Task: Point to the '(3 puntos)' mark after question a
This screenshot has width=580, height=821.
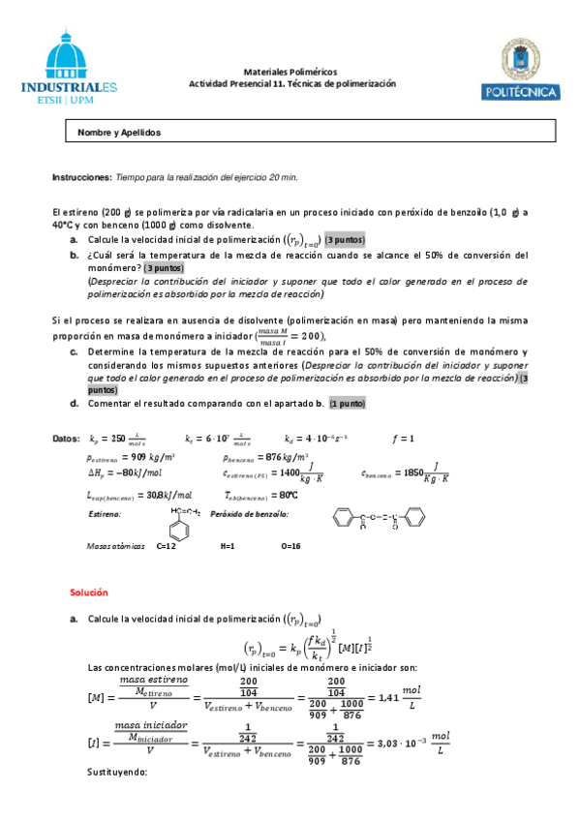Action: coord(346,239)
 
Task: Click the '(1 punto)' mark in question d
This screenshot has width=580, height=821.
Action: coord(347,403)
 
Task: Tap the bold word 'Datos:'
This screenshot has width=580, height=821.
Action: coord(65,439)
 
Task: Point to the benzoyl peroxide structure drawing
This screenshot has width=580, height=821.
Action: coord(377,520)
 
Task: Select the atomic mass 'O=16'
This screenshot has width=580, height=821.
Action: coord(290,546)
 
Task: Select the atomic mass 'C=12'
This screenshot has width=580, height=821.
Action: coord(166,546)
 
